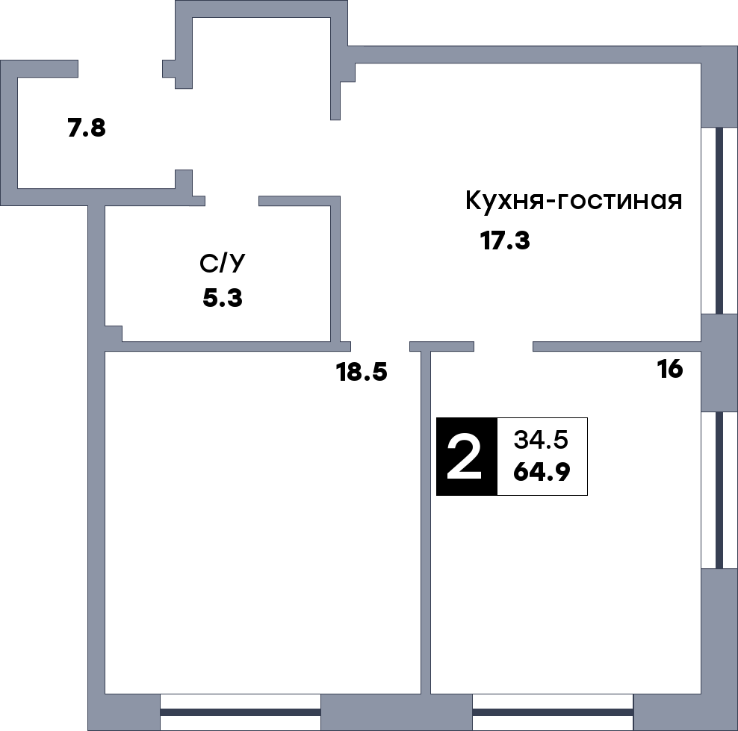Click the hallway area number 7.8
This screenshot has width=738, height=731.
(87, 128)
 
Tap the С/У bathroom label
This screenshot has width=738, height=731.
(222, 264)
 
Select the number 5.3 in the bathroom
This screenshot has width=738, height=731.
(223, 299)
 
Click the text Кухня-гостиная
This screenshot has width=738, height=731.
(573, 201)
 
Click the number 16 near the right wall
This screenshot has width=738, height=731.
(670, 369)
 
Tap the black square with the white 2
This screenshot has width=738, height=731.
(467, 456)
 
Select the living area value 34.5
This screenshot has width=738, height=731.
(541, 440)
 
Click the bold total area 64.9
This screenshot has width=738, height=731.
(541, 472)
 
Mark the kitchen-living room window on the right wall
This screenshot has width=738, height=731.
(719, 220)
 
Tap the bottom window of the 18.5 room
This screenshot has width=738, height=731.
(240, 712)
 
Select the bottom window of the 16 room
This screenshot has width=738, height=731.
(552, 712)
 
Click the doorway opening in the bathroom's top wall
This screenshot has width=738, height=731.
(232, 201)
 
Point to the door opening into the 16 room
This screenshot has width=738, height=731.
(503, 346)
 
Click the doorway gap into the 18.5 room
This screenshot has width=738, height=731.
(380, 346)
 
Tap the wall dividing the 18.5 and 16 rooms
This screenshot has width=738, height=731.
(426, 523)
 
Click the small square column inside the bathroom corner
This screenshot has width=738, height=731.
(113, 333)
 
